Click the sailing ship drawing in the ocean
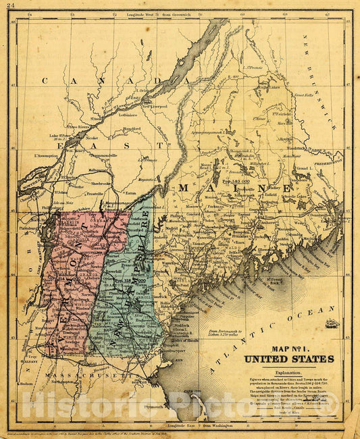pos(331,324)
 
